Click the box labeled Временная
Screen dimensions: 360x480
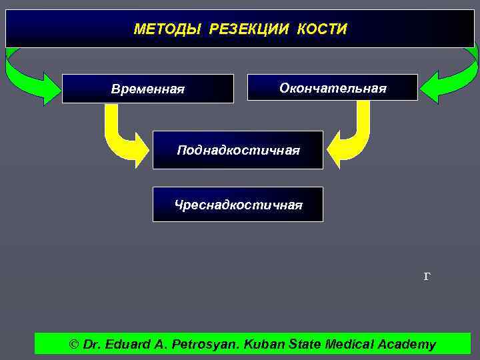(148, 89)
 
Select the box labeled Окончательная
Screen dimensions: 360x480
(332, 87)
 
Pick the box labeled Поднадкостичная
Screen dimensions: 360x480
(238, 150)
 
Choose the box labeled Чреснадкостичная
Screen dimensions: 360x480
(238, 205)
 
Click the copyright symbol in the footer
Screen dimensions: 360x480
(74, 345)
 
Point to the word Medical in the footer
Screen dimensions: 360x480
(347, 345)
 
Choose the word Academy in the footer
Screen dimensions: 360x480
(407, 345)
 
